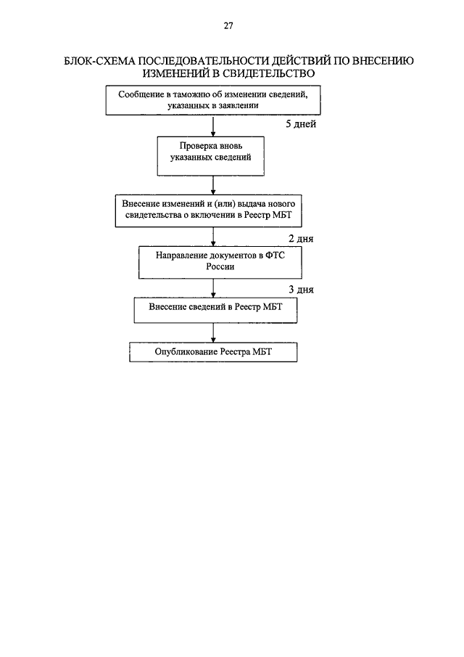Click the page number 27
228,26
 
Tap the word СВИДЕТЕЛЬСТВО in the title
268,74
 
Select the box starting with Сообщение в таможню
213,100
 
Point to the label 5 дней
301,124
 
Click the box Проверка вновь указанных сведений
211,156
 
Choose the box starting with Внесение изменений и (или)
208,211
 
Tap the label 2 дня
301,239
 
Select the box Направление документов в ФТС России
220,262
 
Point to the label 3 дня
301,290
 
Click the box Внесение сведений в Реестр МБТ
215,310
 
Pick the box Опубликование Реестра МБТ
213,352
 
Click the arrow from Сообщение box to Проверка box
213,126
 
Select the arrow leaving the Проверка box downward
213,186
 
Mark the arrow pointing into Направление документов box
213,237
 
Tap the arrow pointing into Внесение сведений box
213,288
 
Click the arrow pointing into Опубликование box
213,332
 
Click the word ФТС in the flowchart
275,255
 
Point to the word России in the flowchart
220,267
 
